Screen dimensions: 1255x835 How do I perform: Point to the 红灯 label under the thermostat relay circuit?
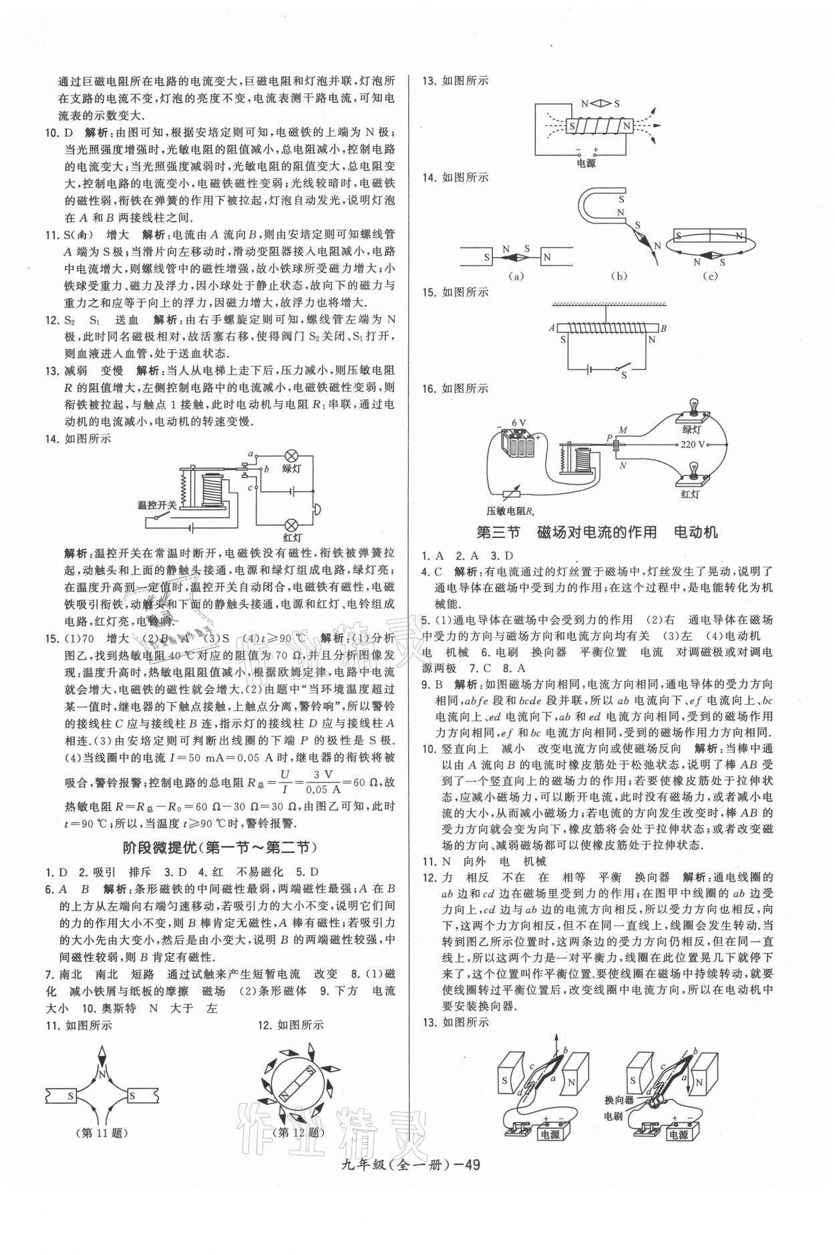tap(291, 537)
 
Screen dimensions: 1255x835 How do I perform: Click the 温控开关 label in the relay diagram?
tap(157, 505)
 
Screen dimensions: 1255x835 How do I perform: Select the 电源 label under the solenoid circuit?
tap(585, 162)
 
